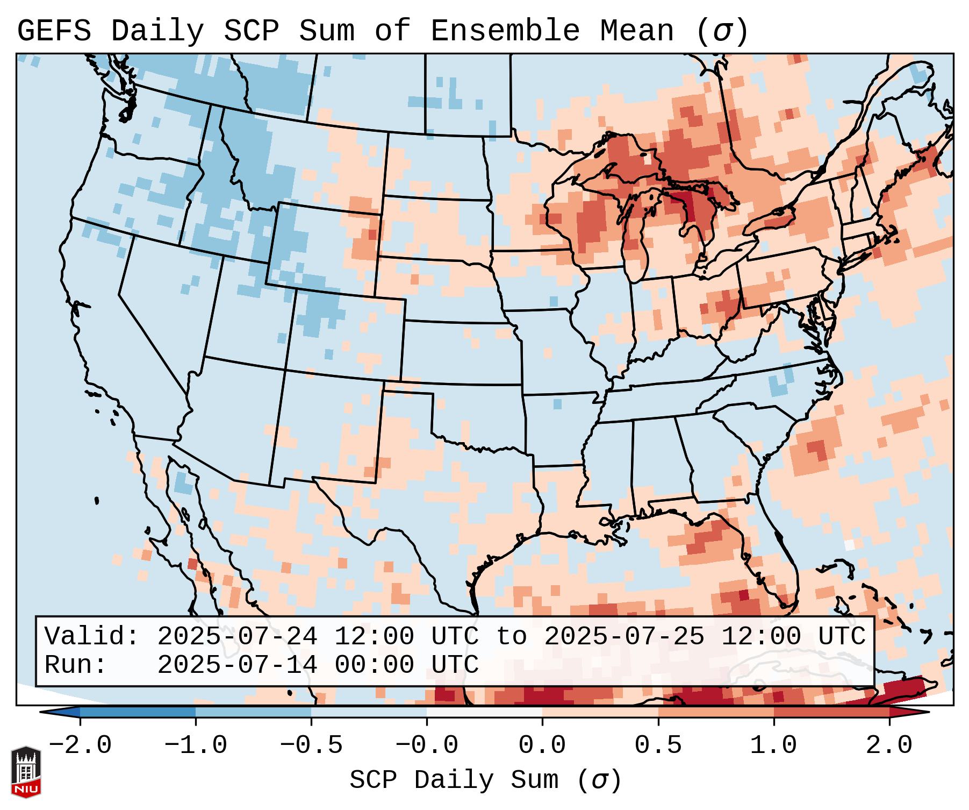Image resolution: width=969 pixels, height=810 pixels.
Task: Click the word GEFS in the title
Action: coord(54,31)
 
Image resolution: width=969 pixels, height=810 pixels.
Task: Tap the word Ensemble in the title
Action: coord(505,31)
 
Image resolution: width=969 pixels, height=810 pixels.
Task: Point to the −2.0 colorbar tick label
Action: coord(80,745)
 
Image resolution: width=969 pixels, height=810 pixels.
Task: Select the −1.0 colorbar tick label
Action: coord(196,745)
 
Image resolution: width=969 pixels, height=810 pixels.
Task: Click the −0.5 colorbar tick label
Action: coord(311,745)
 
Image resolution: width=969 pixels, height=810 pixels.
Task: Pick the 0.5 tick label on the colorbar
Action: coord(658,745)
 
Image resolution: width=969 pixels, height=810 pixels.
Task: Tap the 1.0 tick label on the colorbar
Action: coord(774,745)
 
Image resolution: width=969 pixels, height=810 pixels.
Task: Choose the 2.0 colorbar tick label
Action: coord(889,745)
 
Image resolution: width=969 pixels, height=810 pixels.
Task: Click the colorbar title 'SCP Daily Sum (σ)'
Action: coord(485,780)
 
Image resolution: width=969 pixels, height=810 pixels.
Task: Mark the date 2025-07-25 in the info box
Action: coord(624,637)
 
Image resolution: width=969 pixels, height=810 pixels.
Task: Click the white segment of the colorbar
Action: coord(484,712)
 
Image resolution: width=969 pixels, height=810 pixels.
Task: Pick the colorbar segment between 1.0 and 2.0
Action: coord(831,712)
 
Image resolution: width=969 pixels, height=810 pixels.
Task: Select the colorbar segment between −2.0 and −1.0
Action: coord(138,712)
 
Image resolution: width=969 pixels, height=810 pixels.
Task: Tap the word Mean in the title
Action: coord(637,31)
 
